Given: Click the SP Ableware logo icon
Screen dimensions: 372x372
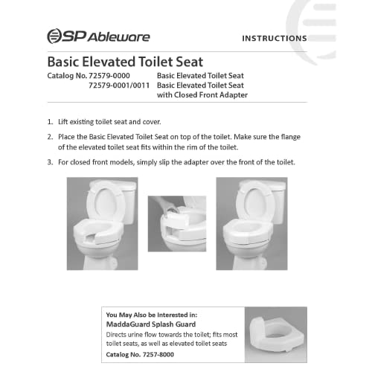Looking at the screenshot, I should click(x=55, y=36).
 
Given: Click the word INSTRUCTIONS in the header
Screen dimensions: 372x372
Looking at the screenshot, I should click(x=275, y=38).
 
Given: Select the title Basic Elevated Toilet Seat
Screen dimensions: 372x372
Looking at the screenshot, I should click(x=125, y=62).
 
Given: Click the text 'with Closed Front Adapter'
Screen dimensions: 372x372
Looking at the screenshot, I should click(x=202, y=95).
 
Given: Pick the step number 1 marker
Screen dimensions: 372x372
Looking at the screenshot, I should click(x=50, y=121).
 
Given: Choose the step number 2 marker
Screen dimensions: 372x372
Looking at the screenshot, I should click(x=50, y=137).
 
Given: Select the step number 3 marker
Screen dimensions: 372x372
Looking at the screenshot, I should click(x=50, y=162).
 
